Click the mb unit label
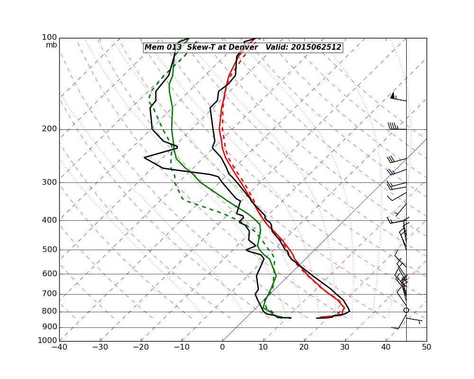click(51, 45)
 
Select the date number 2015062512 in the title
click(316, 47)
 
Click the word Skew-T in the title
click(199, 47)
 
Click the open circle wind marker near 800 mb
click(406, 310)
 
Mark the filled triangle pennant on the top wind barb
click(392, 95)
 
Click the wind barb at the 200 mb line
click(396, 127)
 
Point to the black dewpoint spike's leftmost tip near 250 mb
click(144, 157)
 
